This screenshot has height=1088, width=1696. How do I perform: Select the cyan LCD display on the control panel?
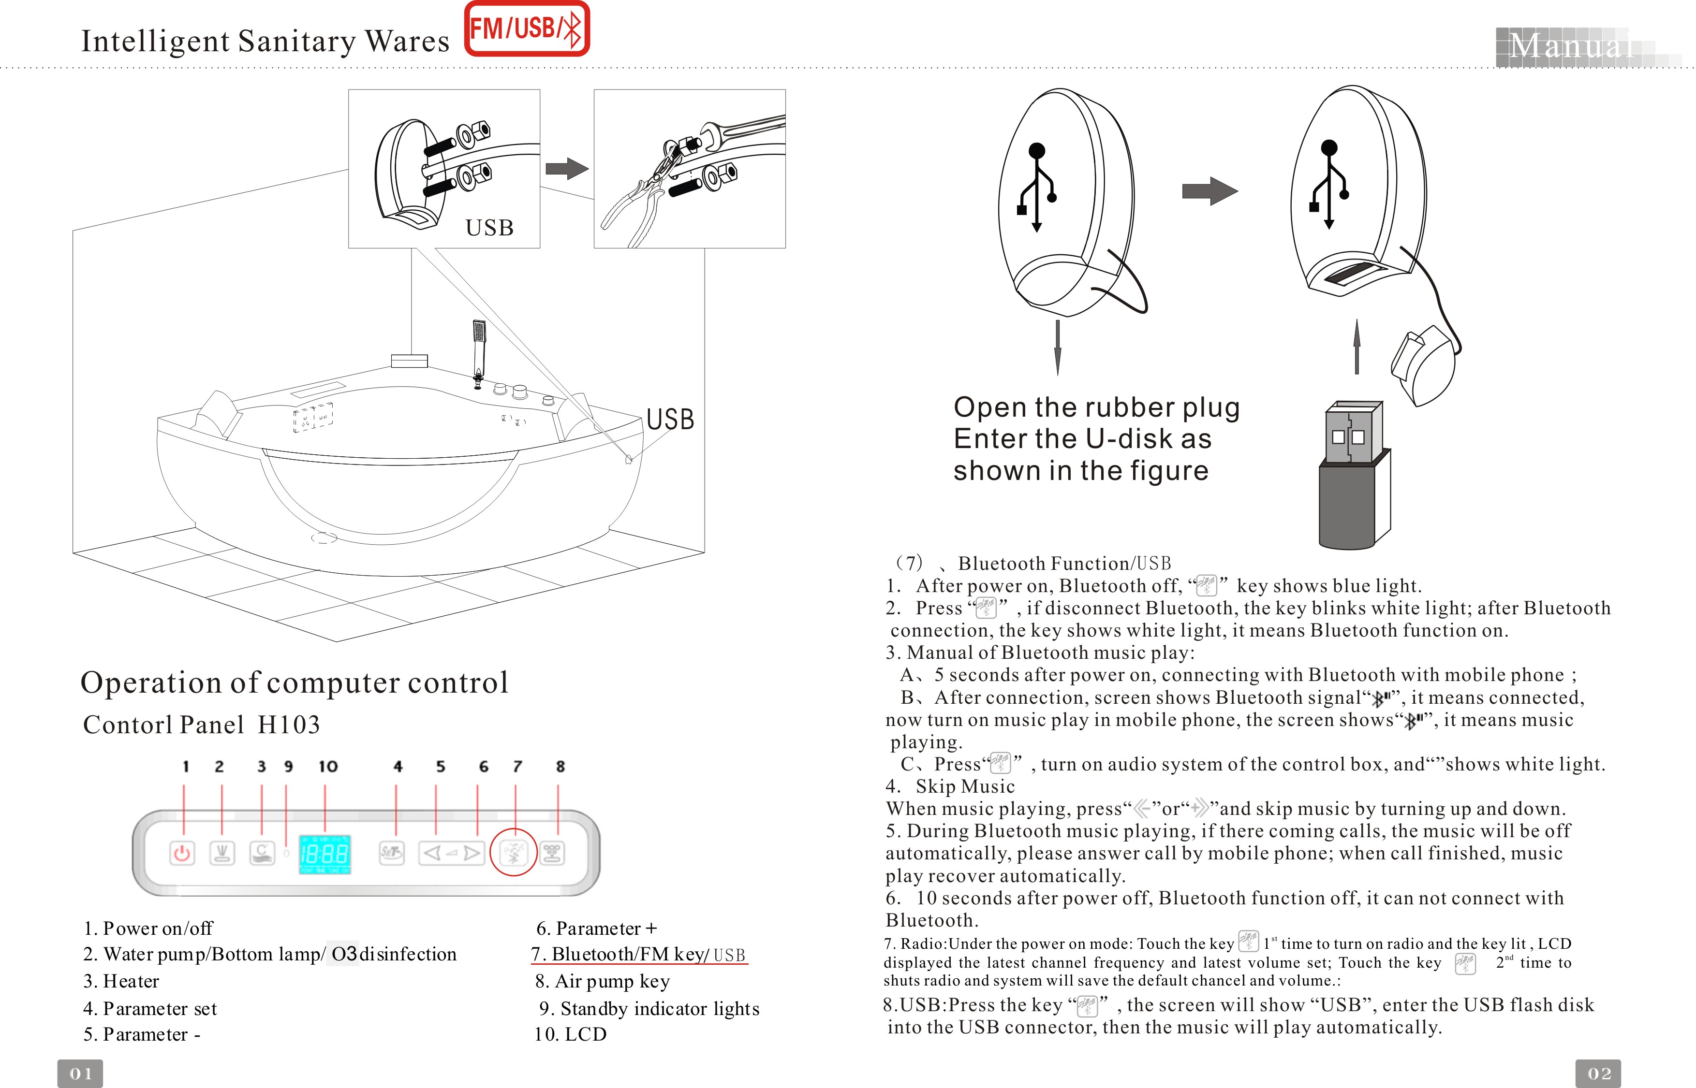tap(325, 854)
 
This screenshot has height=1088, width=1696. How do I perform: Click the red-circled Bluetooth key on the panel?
tap(514, 853)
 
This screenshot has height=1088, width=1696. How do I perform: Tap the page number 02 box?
tap(1598, 1073)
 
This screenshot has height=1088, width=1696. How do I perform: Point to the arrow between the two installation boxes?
tap(567, 169)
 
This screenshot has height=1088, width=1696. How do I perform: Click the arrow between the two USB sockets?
tap(1209, 191)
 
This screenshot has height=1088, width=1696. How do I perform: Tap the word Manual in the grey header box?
tap(1570, 46)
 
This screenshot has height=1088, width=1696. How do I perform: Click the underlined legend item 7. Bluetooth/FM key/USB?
tap(639, 955)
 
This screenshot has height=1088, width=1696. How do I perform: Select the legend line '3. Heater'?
tap(121, 981)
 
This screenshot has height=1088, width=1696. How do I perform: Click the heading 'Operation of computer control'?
tap(295, 682)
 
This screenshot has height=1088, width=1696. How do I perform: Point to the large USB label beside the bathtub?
tap(670, 419)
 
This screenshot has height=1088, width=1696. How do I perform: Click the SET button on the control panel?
tap(392, 853)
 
